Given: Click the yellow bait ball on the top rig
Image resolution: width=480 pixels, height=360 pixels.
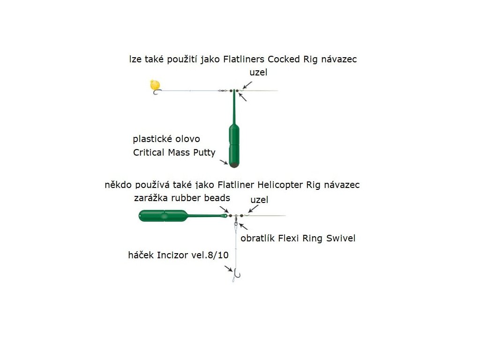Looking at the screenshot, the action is tap(154, 84).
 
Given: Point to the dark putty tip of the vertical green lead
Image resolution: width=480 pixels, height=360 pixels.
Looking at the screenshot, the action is tap(233, 164).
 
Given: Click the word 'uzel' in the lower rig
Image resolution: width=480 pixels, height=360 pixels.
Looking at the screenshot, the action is tap(259, 200).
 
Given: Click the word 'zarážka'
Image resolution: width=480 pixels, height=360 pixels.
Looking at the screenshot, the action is tap(150, 198).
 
